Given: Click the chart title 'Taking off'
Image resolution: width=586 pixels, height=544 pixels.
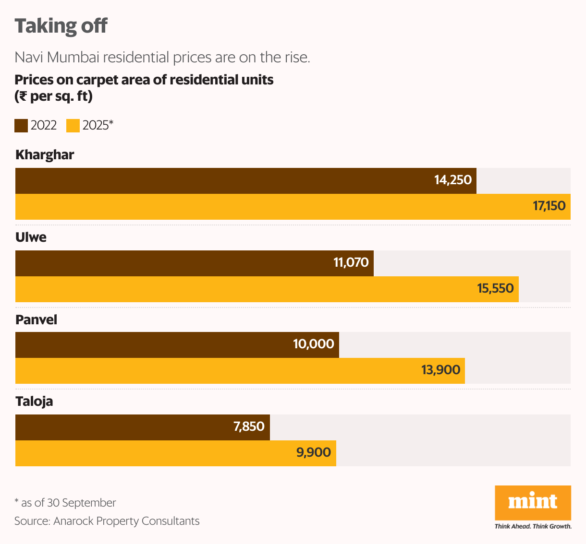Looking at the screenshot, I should coord(61,26).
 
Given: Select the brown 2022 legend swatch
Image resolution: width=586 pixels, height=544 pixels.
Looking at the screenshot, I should coord(21,126).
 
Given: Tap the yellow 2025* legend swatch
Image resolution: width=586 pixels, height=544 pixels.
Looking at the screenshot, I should coord(73,126).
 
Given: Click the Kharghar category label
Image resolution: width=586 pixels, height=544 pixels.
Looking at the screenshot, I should coord(45,155).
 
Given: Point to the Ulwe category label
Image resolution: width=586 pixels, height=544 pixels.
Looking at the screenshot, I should coord(31,237).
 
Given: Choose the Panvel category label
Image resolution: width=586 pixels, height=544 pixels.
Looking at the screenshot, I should coord(36,320).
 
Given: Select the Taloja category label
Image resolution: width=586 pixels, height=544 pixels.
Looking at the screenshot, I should coord(34,402).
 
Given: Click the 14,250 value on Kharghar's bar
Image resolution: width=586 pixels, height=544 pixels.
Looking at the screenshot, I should coord(452,180).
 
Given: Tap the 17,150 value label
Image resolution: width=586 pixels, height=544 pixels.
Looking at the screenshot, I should coord(549,206).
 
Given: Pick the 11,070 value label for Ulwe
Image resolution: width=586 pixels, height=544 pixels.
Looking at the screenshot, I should coord(351,263).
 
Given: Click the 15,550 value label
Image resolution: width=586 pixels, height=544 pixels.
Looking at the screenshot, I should coord(495,289).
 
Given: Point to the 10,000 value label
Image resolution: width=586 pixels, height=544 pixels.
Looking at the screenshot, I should coord(314,344).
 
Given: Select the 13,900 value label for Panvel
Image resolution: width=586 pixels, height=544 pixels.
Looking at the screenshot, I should coord(440,370).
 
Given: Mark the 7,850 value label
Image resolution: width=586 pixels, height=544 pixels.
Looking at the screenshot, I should coord(249,427).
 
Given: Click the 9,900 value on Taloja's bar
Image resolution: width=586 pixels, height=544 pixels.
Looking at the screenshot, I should coord(313,453).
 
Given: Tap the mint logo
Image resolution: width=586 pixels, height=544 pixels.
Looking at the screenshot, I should coord(533,502).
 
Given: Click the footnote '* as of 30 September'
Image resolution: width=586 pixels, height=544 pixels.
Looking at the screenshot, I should coord(65,503).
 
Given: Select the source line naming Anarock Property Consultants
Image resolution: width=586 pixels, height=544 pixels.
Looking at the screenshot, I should coord(107,521).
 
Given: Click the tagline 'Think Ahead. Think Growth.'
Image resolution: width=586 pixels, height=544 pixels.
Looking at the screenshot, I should coord(533,526).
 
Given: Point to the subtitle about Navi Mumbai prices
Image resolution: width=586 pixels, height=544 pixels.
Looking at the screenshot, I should coord(162,58).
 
